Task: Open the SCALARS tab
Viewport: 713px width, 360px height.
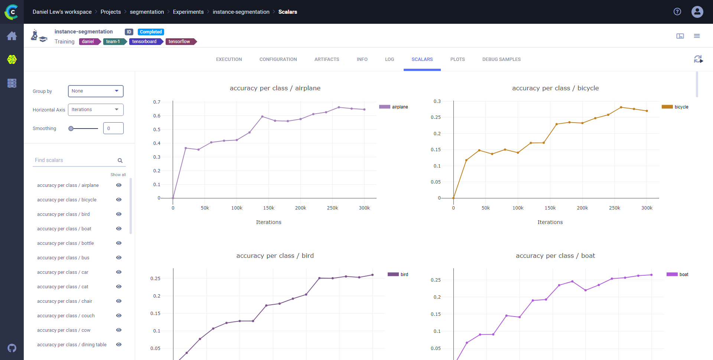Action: [422, 59]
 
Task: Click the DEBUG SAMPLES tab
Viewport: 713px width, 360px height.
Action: [501, 59]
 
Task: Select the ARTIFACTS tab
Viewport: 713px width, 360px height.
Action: [326, 59]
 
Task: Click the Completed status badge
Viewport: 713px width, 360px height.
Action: [151, 32]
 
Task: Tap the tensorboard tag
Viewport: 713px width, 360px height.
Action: [144, 42]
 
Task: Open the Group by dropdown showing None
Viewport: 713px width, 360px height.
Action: [95, 91]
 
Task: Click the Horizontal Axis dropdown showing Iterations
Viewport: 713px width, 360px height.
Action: [95, 110]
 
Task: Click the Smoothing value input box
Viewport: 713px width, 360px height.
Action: [113, 129]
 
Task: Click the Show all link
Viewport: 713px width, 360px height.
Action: [118, 175]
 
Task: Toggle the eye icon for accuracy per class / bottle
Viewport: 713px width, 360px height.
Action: [119, 243]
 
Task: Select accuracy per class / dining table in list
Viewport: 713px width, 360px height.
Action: [72, 345]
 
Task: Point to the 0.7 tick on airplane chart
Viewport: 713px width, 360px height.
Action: [157, 102]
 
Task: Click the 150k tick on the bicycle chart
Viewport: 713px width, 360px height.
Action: [550, 208]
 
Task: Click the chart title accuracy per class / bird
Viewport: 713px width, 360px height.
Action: [275, 256]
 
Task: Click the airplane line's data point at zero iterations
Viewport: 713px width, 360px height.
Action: [173, 198]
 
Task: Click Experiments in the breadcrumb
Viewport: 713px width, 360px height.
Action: [188, 12]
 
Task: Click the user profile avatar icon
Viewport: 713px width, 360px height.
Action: [697, 12]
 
